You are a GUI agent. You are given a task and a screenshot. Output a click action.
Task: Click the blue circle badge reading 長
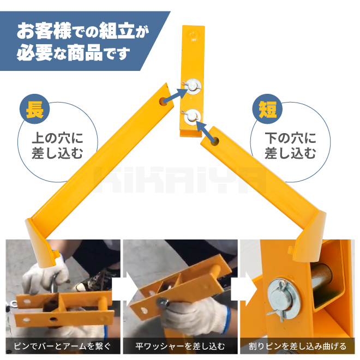click(35, 109)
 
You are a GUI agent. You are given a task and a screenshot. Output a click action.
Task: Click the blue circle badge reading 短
click(267, 109)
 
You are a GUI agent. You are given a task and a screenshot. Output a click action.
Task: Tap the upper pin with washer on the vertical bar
click(193, 86)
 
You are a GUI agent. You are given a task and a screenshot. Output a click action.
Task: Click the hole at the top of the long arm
click(163, 101)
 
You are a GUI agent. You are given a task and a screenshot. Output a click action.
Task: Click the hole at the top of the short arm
click(215, 141)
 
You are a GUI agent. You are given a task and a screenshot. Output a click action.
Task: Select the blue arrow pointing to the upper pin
click(176, 95)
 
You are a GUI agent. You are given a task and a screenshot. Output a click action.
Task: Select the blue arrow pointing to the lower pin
click(206, 131)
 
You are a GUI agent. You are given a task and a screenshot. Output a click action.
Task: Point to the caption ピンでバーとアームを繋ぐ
click(62, 346)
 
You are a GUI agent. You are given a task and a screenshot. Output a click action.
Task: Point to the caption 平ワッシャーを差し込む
click(180, 346)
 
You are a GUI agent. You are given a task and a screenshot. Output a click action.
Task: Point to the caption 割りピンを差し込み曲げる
click(298, 346)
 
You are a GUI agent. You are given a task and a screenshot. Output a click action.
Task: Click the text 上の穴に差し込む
click(57, 145)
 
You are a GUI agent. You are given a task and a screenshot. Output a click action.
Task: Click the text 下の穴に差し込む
click(290, 145)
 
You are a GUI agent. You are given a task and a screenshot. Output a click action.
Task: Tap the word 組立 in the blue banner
click(117, 31)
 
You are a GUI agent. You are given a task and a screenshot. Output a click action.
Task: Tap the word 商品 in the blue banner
click(85, 52)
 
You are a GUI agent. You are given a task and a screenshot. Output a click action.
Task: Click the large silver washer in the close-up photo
click(284, 299)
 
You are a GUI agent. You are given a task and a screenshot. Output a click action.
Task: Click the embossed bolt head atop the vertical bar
click(193, 35)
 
